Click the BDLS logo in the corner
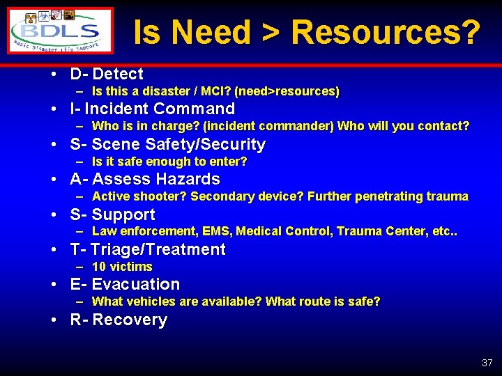click(61, 31)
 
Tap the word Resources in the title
click(386, 32)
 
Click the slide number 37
click(487, 363)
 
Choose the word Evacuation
click(136, 284)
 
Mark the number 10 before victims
click(99, 267)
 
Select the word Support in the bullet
click(123, 214)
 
